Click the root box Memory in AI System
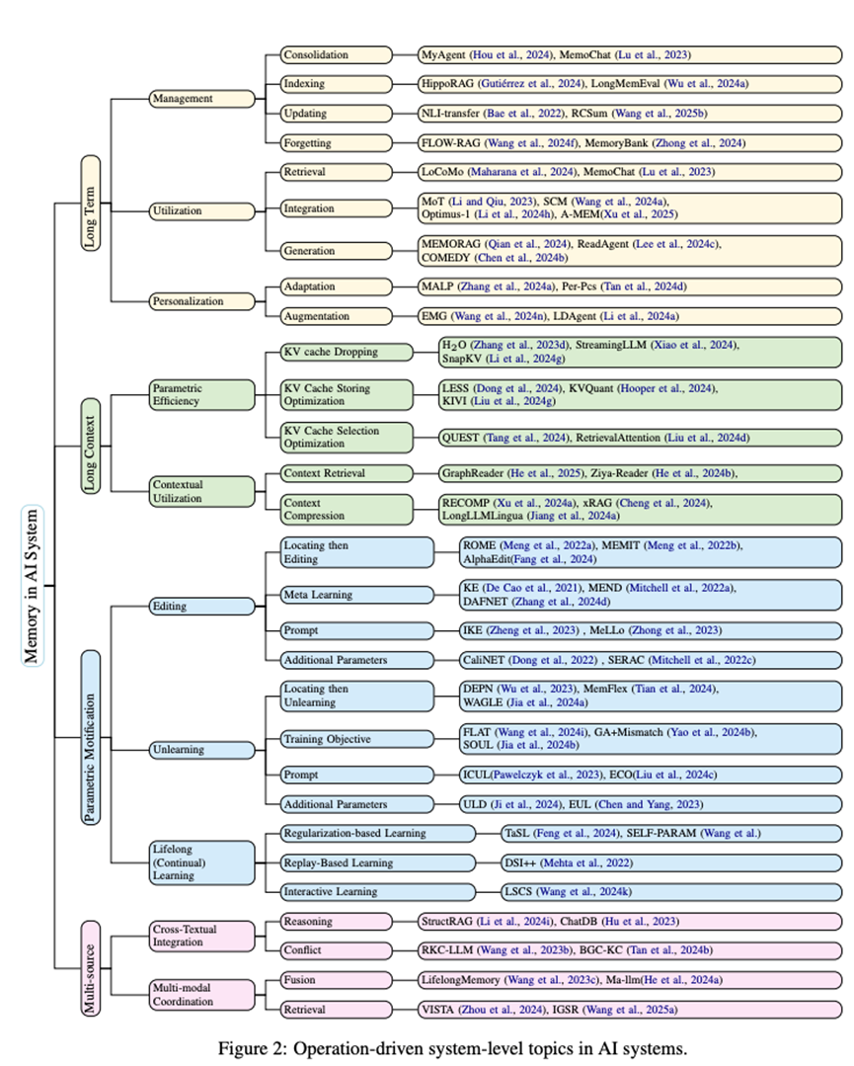[x=34, y=585]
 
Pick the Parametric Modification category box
[x=91, y=736]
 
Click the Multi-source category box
[x=91, y=967]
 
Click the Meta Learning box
[x=356, y=594]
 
